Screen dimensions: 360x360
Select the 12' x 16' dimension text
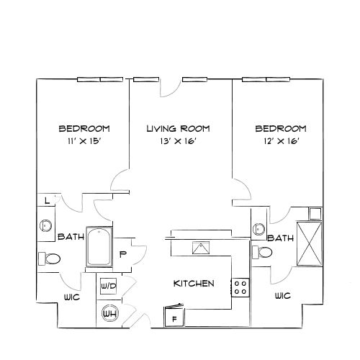tap(282, 141)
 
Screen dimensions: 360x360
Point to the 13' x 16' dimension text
tap(178, 141)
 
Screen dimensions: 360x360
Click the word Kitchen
tap(194, 284)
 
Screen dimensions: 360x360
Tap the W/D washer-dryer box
tap(108, 285)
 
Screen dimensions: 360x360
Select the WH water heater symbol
tap(109, 314)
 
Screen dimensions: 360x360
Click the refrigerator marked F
tap(174, 315)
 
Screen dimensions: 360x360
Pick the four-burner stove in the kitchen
tap(240, 288)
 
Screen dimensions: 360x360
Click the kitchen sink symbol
tap(199, 248)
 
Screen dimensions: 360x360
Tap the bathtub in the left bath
tap(97, 246)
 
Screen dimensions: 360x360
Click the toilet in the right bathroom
tap(264, 253)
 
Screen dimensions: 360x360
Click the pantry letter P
tap(122, 253)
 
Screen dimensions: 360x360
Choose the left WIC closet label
tap(71, 297)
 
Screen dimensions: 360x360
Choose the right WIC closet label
tap(282, 296)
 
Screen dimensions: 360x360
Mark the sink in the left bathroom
tap(45, 225)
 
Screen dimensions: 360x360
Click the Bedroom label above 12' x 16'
tap(282, 129)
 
